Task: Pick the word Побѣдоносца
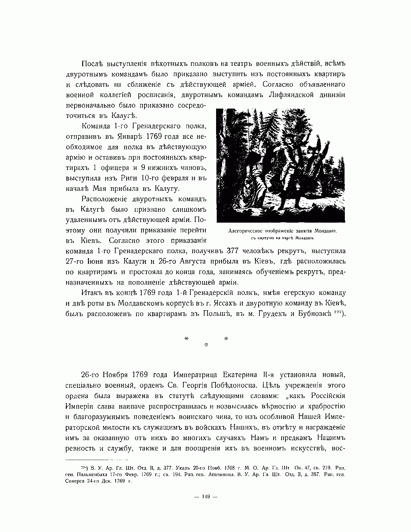(235, 386)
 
